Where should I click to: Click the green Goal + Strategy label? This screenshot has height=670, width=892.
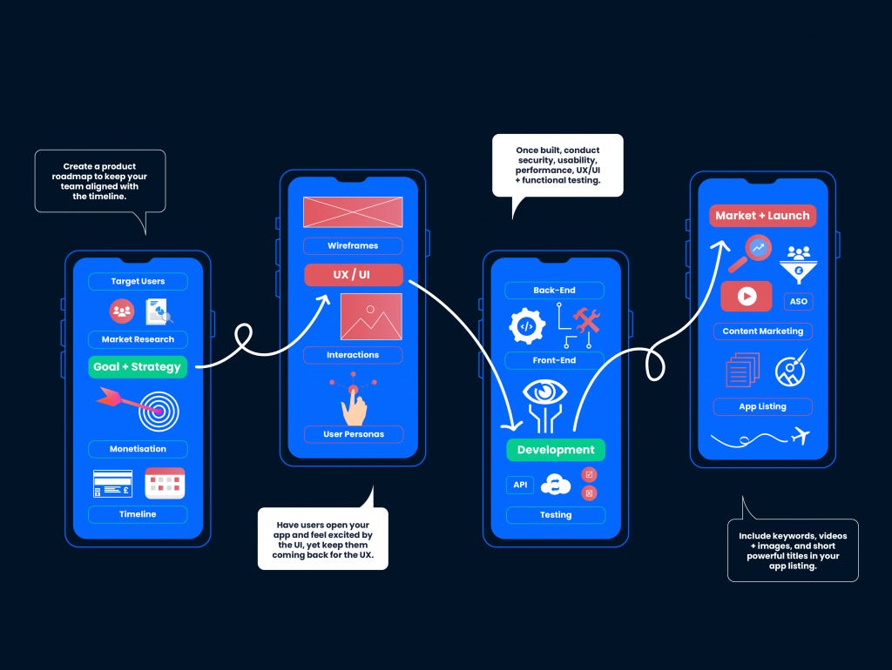(137, 367)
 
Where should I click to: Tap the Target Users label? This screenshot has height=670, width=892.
(138, 282)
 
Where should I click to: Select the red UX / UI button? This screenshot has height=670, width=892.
(353, 275)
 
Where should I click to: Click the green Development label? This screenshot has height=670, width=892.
(555, 450)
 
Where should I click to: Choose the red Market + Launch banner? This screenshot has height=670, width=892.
(762, 216)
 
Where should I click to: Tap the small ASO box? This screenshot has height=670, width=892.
(798, 301)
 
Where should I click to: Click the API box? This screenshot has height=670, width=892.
(520, 485)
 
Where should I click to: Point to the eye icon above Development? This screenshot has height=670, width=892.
(546, 394)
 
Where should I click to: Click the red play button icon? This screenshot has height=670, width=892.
(747, 296)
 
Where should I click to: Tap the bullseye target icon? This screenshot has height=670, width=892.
(156, 412)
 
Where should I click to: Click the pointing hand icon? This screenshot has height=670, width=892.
(354, 404)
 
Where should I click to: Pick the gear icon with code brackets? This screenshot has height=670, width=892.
(526, 326)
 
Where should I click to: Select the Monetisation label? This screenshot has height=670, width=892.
(138, 449)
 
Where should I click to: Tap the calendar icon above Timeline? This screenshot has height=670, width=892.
(165, 483)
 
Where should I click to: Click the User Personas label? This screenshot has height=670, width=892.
(353, 434)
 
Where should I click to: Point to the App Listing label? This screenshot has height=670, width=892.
(762, 406)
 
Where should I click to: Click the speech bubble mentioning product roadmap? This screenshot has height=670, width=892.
(99, 181)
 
